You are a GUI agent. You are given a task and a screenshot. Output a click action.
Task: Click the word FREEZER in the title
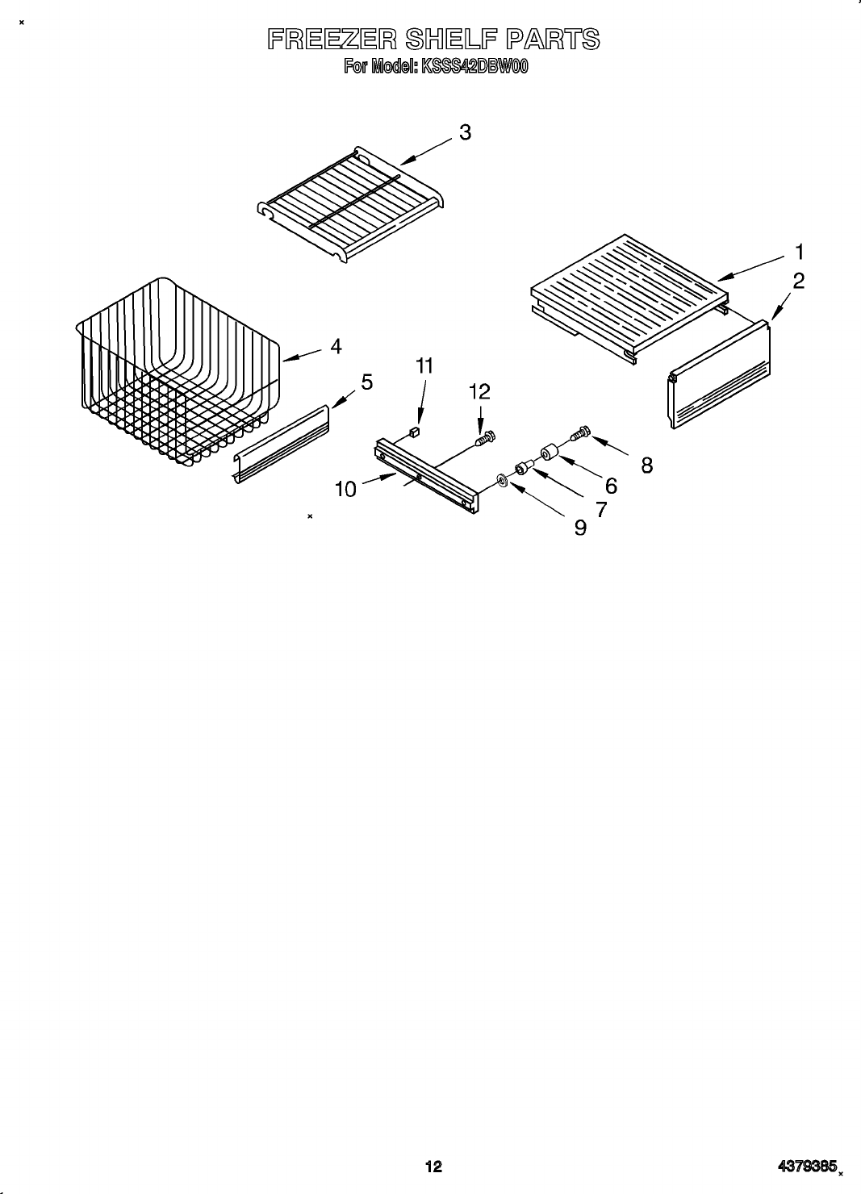point(330,40)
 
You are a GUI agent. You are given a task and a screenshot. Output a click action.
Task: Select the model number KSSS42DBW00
point(474,67)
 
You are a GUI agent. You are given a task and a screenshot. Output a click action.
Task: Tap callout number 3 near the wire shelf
point(465,132)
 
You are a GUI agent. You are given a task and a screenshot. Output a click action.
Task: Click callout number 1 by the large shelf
point(798,252)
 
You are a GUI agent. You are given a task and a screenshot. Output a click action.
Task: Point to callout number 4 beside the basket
point(336,346)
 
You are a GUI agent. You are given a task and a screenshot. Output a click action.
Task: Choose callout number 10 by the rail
point(345,489)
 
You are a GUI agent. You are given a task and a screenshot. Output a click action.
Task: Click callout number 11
point(424,365)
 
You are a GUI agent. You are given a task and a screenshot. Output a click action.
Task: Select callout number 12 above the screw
point(479,391)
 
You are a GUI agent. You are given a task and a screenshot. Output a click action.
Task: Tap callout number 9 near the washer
point(580,528)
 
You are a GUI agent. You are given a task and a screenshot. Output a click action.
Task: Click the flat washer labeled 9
point(502,481)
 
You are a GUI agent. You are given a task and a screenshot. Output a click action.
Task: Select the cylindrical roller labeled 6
point(550,452)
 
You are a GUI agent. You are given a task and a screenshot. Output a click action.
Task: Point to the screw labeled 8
point(580,433)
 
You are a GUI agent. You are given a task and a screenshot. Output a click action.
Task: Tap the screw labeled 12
point(484,438)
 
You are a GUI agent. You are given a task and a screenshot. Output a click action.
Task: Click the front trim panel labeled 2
point(718,374)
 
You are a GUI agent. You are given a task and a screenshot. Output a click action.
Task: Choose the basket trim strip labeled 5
point(282,445)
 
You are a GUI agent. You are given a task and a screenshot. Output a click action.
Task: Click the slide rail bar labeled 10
point(426,474)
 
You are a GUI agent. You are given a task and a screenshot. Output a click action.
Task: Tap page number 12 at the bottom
point(433,1166)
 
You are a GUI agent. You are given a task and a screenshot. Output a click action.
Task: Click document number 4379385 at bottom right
point(806,1166)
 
